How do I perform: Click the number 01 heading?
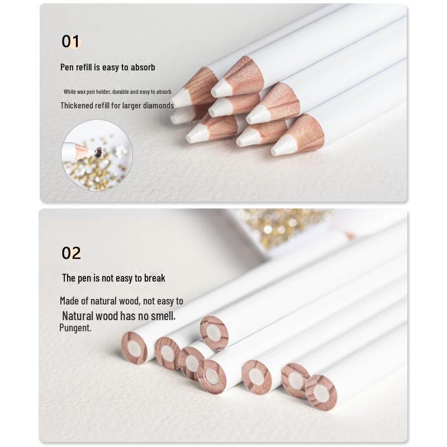(x=71, y=41)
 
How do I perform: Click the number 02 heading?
(x=71, y=253)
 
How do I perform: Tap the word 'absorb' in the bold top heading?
(x=143, y=67)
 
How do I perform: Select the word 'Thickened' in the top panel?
(x=77, y=105)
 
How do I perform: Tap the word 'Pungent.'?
(x=75, y=328)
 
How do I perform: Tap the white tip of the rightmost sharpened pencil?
(x=282, y=147)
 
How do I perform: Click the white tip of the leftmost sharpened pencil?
(x=180, y=98)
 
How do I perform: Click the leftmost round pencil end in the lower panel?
(x=134, y=348)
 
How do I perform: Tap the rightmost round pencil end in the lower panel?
(x=321, y=393)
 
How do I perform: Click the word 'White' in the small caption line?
(x=69, y=92)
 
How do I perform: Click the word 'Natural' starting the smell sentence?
(x=78, y=316)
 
